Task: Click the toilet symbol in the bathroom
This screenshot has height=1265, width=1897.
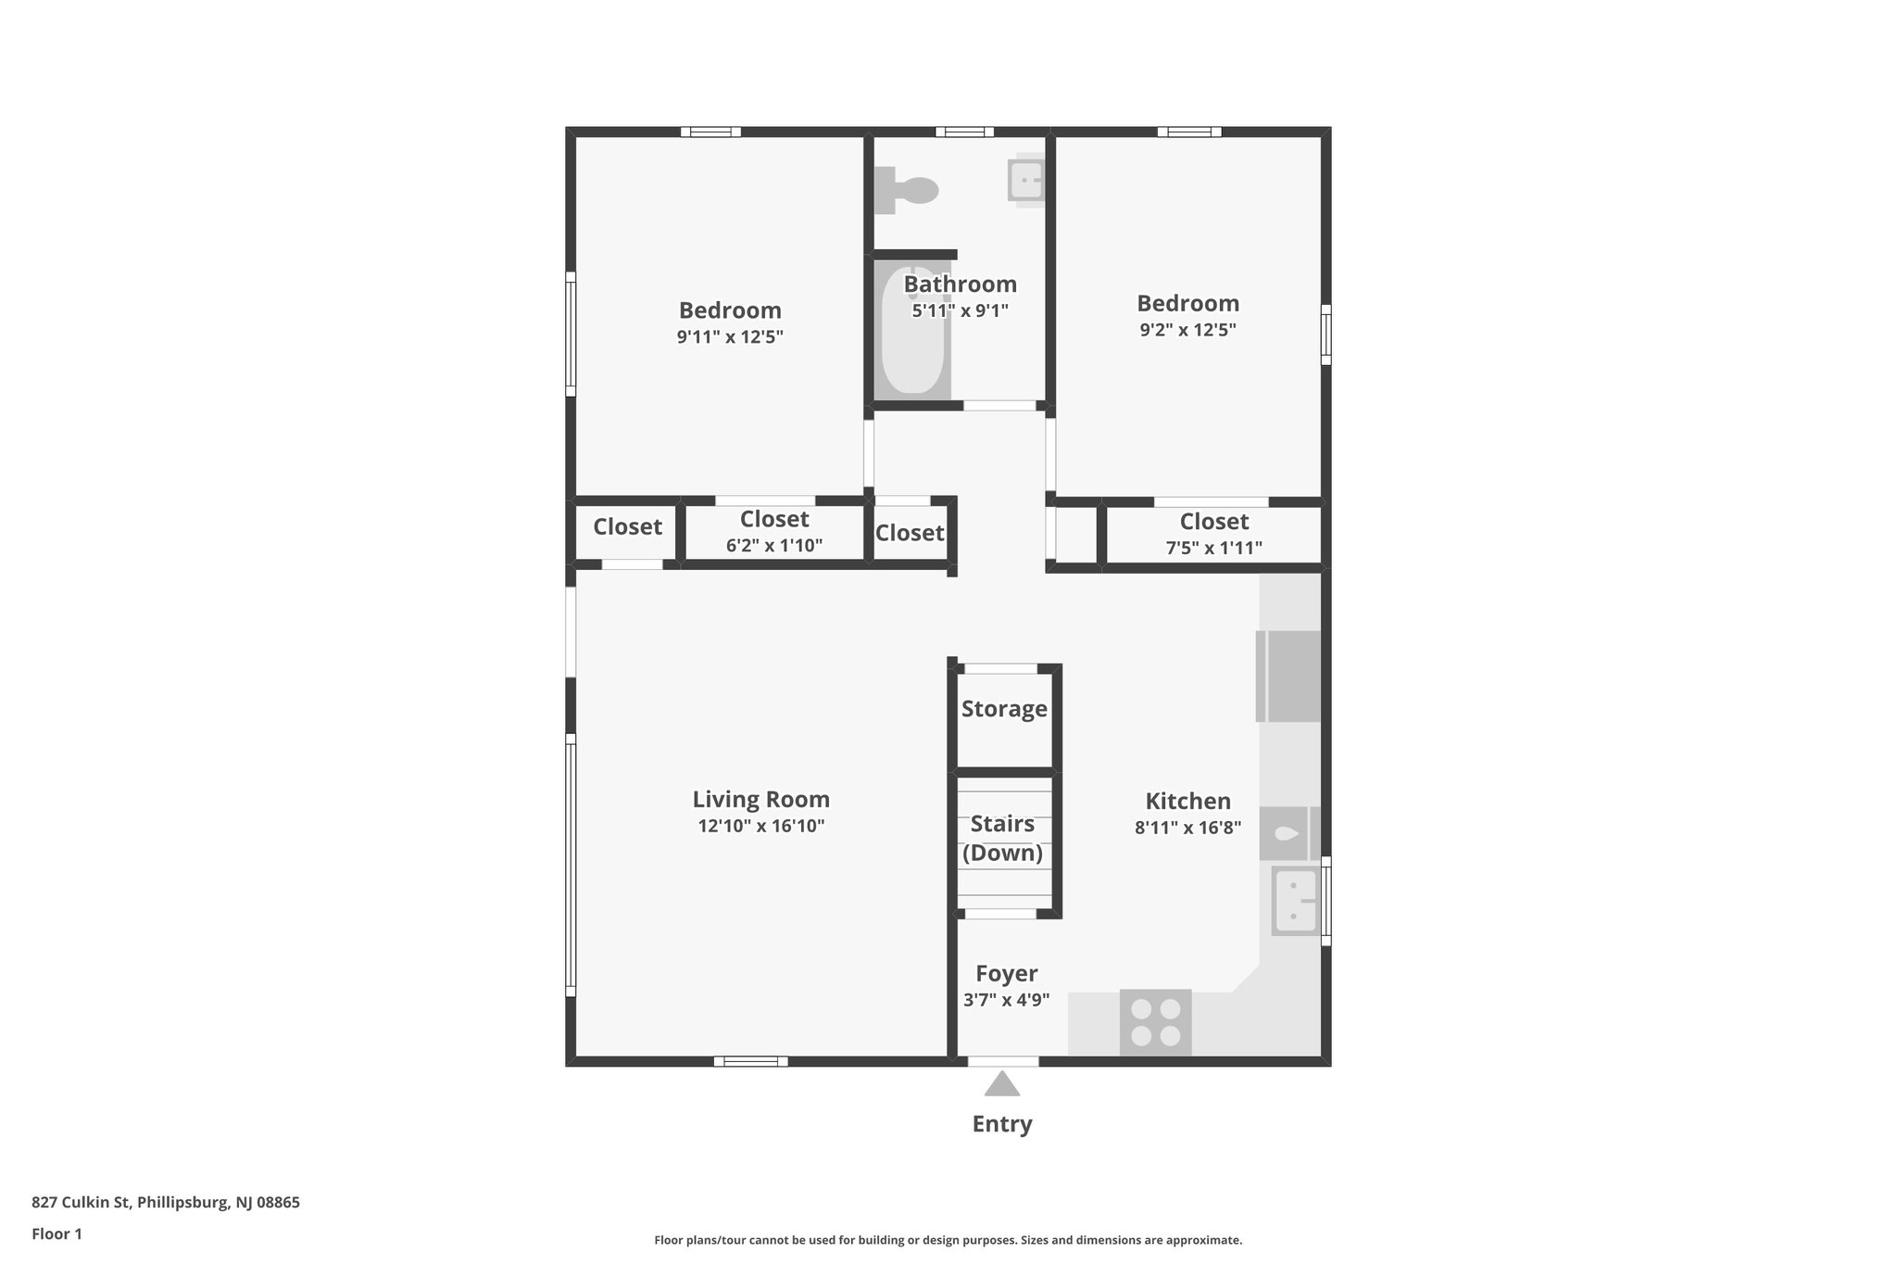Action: point(908,189)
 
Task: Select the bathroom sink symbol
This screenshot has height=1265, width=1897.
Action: point(1026,180)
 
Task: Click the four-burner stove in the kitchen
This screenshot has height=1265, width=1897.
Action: point(1156,1022)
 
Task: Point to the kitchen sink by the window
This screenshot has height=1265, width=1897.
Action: point(1295,901)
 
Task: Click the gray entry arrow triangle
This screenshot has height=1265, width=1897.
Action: point(1001,1084)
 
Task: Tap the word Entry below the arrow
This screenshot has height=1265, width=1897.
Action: point(1001,1124)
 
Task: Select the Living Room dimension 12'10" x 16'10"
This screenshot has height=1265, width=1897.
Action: point(760,826)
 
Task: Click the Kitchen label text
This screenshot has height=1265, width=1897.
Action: point(1187,801)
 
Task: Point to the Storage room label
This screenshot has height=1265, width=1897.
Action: point(1004,709)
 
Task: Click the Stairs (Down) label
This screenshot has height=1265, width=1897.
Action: point(1002,838)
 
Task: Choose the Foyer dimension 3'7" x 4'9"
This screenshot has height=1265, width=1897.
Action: point(1006,1000)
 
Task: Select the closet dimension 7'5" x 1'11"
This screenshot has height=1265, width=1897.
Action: point(1213,548)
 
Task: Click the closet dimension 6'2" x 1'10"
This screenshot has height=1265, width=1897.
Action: point(774,546)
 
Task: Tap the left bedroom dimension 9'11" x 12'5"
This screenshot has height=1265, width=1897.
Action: point(730,336)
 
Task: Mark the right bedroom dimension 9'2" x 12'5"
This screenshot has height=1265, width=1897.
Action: point(1187,330)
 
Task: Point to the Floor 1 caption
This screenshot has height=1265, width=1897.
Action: point(57,1233)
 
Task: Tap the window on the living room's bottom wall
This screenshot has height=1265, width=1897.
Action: point(750,1061)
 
